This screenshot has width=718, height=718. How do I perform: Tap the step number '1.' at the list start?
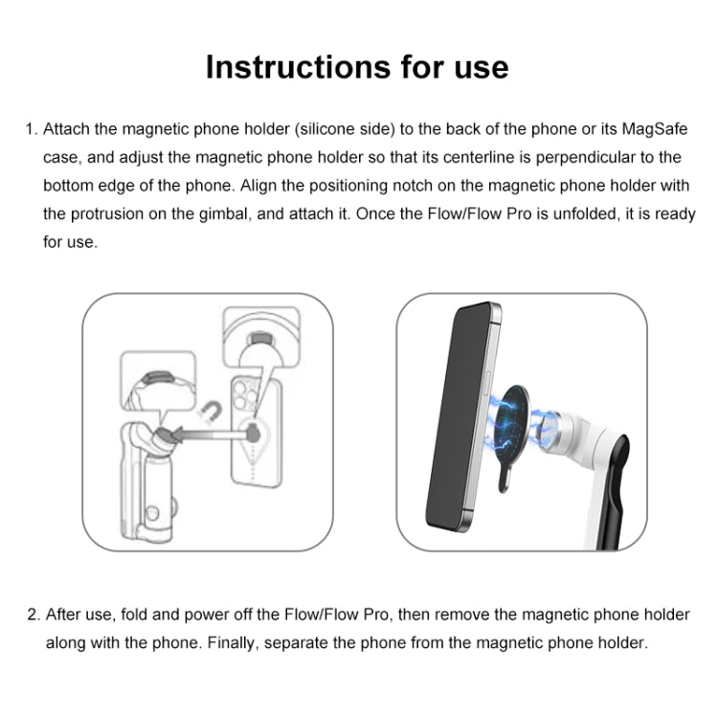31,129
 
